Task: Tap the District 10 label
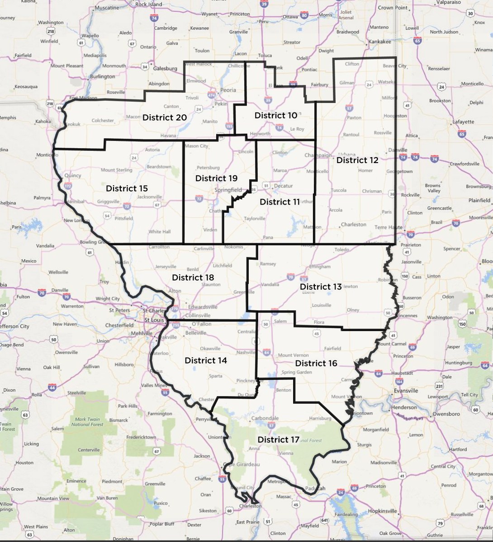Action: [x=276, y=115]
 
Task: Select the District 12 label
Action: [x=357, y=160]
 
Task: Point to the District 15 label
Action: [x=127, y=188]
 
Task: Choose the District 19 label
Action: [x=216, y=178]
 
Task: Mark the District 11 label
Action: [x=280, y=202]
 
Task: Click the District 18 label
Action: [x=193, y=277]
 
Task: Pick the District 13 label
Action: [x=321, y=287]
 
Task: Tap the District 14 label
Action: [x=206, y=360]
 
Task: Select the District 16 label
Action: [x=316, y=363]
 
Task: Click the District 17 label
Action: [x=279, y=439]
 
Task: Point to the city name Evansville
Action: [x=406, y=391]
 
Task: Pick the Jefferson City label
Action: [x=14, y=326]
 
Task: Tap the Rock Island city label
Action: [x=148, y=4]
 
